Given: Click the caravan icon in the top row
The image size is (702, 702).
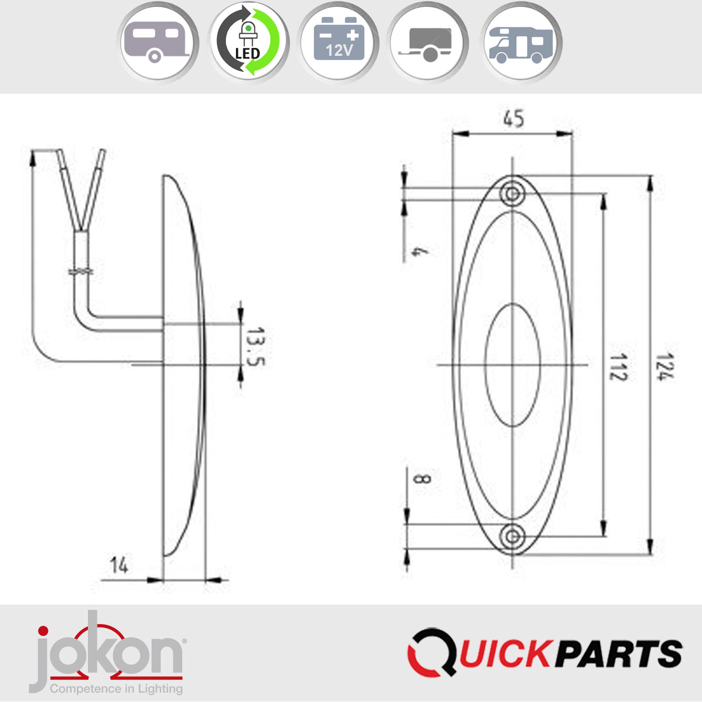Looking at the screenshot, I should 156,42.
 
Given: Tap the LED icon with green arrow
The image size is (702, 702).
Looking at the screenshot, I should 248,42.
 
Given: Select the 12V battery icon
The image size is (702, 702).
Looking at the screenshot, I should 339,42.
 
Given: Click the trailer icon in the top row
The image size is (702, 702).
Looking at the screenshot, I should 428,42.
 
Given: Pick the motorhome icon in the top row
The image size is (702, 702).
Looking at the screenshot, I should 521,42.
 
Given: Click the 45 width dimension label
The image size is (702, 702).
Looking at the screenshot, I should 513,118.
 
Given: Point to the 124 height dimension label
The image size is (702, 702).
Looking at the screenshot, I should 665,367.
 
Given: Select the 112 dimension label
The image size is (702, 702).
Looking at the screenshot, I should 618,367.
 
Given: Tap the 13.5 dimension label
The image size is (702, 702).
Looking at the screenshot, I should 256,347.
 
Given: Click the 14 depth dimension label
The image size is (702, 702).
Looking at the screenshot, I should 119,565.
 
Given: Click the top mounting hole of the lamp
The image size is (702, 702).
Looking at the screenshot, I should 512,194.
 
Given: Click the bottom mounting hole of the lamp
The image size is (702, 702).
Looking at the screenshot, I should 512,537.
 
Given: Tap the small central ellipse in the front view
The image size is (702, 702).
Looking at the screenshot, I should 512,364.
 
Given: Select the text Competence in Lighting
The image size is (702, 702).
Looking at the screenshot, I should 116,689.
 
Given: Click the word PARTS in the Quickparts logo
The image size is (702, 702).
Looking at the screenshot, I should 619,654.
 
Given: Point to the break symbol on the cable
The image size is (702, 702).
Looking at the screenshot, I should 81,271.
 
